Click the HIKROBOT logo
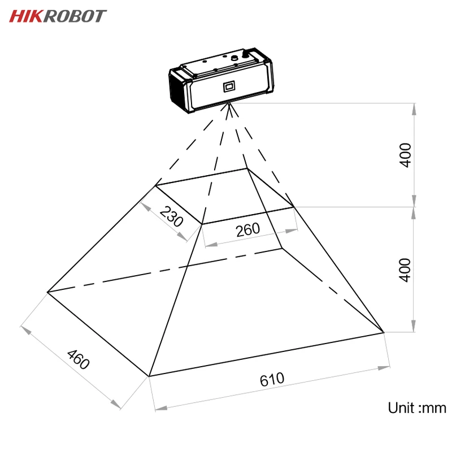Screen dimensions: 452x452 tap(58, 16)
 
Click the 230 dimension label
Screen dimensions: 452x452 tap(171, 217)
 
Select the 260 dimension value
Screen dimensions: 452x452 tap(247, 229)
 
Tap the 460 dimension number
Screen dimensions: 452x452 tap(78, 360)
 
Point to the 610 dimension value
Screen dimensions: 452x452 tap(272, 379)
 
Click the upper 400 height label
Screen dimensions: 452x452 tap(406, 154)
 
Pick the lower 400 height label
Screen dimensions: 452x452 tap(406, 270)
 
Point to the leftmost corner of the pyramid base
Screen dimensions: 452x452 tap(47, 292)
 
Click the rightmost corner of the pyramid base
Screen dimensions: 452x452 tap(384, 332)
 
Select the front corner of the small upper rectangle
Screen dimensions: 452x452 tap(202, 224)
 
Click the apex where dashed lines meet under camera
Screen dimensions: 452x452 tap(229, 103)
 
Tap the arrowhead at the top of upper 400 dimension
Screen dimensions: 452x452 tap(415, 107)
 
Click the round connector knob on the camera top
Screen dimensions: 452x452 tap(246, 55)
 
